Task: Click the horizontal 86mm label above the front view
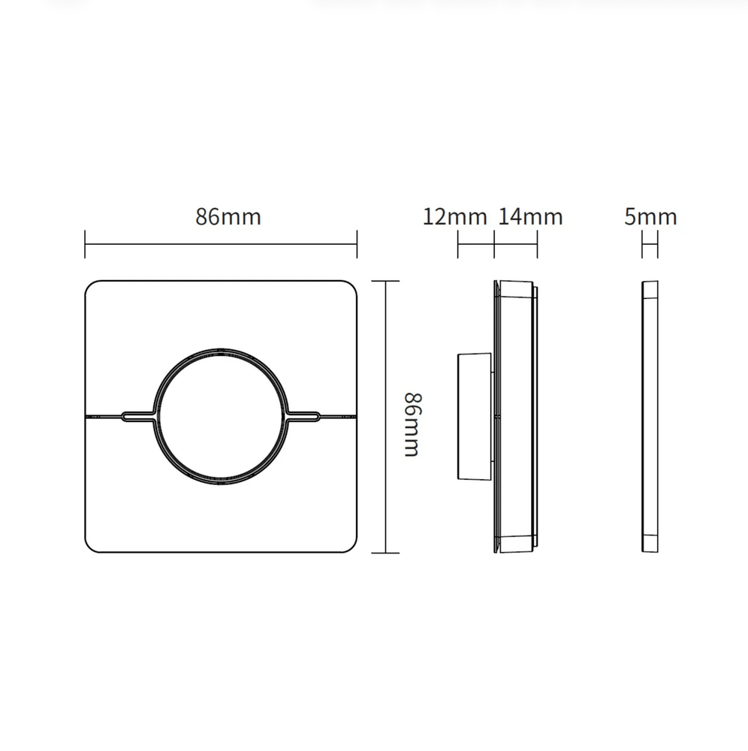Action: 228,217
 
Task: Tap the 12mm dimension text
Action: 455,217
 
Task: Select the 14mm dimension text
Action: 530,217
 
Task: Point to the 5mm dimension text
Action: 650,217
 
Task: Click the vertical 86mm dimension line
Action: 385,417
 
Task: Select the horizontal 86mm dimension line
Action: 221,244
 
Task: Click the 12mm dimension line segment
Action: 476,244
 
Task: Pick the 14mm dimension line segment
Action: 516,244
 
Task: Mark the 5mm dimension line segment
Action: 650,244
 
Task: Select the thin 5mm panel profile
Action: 650,417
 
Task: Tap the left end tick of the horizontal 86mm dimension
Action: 86,244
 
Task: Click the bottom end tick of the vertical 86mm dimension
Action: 385,553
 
